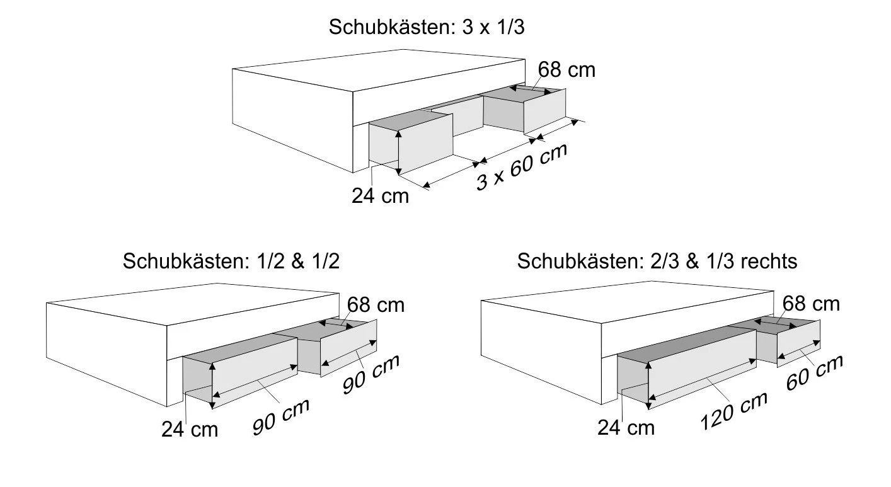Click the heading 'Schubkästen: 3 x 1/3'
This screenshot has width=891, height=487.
pyautogui.click(x=427, y=27)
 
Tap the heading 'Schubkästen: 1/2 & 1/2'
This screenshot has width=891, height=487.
pyautogui.click(x=231, y=261)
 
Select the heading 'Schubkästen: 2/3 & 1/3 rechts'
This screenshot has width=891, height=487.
pyautogui.click(x=657, y=261)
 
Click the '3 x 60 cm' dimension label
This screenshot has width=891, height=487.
pyautogui.click(x=522, y=167)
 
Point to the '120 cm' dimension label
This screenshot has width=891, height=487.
pyautogui.click(x=734, y=411)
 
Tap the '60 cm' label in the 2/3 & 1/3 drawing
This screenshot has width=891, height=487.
pyautogui.click(x=815, y=372)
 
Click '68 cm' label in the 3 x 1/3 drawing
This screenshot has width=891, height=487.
pyautogui.click(x=566, y=70)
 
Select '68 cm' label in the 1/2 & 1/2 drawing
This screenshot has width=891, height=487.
pyautogui.click(x=376, y=306)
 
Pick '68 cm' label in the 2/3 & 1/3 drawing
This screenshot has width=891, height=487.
pyautogui.click(x=811, y=304)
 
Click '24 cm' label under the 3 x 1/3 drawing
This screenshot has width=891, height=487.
pyautogui.click(x=380, y=196)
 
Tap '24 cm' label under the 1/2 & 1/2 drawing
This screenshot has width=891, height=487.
pyautogui.click(x=190, y=430)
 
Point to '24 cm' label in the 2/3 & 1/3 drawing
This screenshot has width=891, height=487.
pyautogui.click(x=626, y=428)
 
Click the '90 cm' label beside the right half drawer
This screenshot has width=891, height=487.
pyautogui.click(x=371, y=374)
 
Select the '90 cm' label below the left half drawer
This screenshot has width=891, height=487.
pyautogui.click(x=281, y=416)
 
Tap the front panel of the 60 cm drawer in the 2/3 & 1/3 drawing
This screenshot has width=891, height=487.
pyautogui.click(x=798, y=343)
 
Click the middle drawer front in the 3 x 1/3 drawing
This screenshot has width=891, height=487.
pyautogui.click(x=457, y=115)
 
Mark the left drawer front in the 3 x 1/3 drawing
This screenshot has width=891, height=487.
pyautogui.click(x=425, y=144)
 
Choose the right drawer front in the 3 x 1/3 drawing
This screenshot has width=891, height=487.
pyautogui.click(x=544, y=111)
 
